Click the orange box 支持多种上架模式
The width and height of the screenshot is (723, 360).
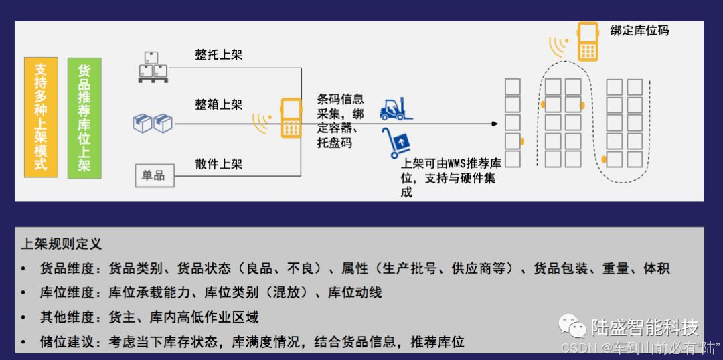coord(41,117)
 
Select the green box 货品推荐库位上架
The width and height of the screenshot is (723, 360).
coord(84,117)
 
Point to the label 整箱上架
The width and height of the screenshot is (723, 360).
coord(219,104)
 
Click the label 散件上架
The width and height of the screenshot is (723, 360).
coord(219,164)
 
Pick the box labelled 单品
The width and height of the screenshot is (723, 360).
coord(154,175)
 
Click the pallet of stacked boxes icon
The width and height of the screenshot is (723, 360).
coord(153,68)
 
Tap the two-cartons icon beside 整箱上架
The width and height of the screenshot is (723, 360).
coord(153,123)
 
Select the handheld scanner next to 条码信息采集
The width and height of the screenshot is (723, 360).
coord(291,118)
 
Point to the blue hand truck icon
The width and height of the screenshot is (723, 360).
coord(396,143)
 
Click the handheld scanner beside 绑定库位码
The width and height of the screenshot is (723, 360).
coord(588,41)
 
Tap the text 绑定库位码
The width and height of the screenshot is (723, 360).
coord(639,31)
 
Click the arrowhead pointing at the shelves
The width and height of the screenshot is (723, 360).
coord(495,124)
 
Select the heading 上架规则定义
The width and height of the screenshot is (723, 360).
coord(62,244)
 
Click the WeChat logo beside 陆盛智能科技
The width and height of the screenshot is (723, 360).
coord(573,327)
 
